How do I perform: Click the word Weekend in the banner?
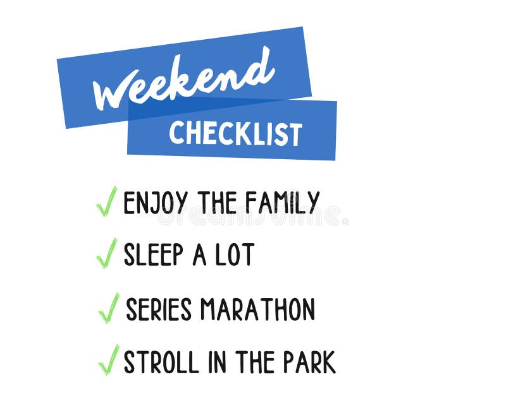[x=183, y=79]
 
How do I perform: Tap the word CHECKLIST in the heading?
[x=235, y=133]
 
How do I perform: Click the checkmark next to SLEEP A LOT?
[x=106, y=253]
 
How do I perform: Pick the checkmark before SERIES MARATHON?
[x=108, y=308]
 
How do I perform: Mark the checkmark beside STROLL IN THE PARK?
[x=108, y=360]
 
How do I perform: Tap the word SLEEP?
[x=152, y=254]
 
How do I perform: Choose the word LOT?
[x=234, y=254]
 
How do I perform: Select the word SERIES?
[x=158, y=309]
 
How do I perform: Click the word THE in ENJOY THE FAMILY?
[x=216, y=203]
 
